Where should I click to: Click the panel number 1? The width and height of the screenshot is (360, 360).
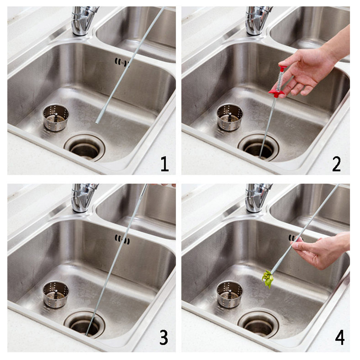coord(165,164)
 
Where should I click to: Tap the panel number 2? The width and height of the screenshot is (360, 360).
coord(336,164)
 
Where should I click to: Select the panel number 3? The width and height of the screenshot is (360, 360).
coord(164,337)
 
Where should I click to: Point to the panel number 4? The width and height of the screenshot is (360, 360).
coord(340,337)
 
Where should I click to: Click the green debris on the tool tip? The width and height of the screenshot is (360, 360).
coord(268,278)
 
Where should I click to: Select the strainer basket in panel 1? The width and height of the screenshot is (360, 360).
coord(56,117)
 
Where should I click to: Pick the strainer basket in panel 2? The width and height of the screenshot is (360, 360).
coord(230,117)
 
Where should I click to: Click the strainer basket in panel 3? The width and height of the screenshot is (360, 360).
coord(56,294)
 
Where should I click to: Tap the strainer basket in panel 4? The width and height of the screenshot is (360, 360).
coord(230,294)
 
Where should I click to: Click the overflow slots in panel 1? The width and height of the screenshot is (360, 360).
coord(122,63)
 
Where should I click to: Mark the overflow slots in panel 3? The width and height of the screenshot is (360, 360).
coord(122,239)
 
